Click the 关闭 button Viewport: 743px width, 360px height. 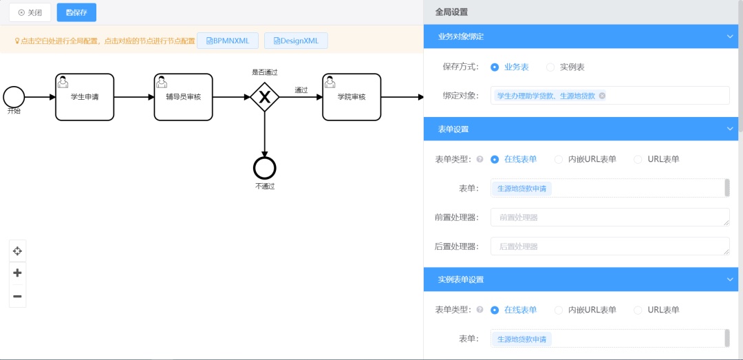tap(30, 13)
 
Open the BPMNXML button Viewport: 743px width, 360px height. tap(228, 41)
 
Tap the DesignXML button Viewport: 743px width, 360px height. tap(296, 41)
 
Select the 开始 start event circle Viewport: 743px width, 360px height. tap(14, 97)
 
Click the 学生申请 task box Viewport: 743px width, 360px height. tap(85, 97)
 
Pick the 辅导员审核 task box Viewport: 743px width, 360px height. tap(184, 97)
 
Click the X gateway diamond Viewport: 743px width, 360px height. tap(265, 97)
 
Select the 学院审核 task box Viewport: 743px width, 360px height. tap(352, 97)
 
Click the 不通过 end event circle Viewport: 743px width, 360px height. tap(265, 168)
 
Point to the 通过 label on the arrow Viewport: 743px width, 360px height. tap(301, 89)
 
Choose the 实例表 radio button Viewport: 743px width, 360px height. tap(550, 67)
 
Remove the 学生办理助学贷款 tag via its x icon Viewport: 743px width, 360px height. tap(602, 96)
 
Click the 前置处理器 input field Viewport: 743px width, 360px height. tap(610, 218)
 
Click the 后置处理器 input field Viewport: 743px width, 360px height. tap(610, 246)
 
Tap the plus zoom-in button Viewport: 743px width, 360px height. tap(17, 273)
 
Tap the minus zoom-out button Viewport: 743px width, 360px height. tap(17, 297)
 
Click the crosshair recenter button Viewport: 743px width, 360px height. tap(17, 251)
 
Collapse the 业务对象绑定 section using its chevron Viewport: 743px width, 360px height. tap(730, 36)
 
